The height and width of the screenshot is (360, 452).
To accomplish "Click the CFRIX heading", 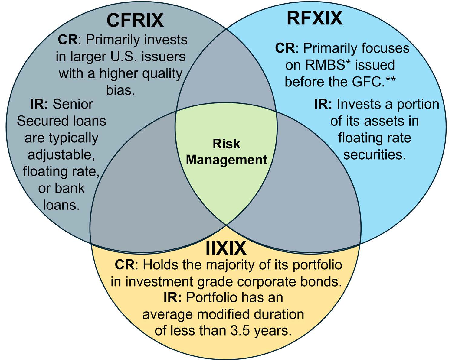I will coord(135,21).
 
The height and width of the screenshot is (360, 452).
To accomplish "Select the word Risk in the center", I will coord(226,144).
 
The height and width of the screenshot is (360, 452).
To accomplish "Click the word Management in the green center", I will coord(226,160).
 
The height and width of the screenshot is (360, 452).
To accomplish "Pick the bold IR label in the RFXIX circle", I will coord(323,104).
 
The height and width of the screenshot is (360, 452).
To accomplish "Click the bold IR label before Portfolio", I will coord(172,297).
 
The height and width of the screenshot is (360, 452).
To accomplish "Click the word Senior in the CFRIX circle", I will coord(73,104).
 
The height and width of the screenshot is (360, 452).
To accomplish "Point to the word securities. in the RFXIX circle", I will coord(374,154).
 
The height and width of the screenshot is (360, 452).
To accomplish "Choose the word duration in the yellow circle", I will coord(279,314).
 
